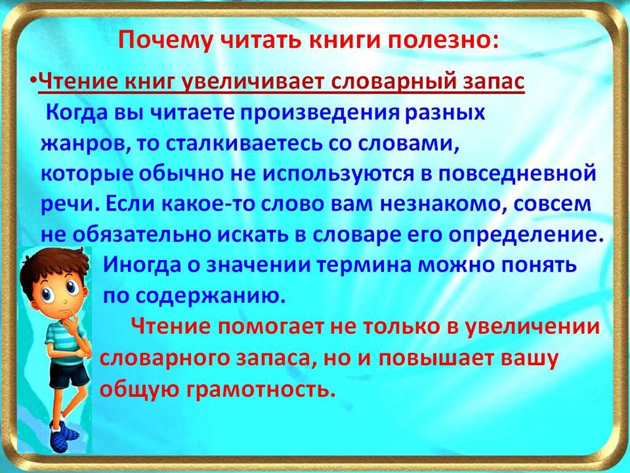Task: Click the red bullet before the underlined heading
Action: point(34,78)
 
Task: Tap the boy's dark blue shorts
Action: point(69,374)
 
